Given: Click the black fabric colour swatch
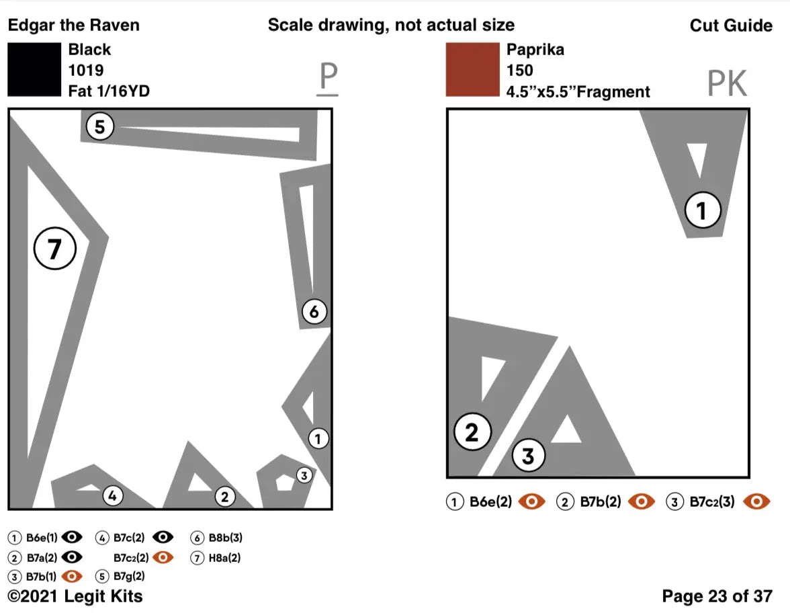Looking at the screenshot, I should [34, 70].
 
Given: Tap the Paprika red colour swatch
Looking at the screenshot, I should [472, 70].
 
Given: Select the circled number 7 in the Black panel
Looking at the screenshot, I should [55, 249].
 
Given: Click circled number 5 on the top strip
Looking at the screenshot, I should [100, 127].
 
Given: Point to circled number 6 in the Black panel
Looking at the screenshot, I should [314, 312].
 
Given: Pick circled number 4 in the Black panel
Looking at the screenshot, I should [113, 497].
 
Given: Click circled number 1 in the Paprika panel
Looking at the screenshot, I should [702, 211].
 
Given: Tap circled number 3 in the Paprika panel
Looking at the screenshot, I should [529, 456].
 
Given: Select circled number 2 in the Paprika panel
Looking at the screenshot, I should [472, 432].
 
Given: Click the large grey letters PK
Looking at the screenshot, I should [727, 84].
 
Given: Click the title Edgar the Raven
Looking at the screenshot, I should [73, 26].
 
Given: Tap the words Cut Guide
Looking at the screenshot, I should [731, 26].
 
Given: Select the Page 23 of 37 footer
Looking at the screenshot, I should [717, 596].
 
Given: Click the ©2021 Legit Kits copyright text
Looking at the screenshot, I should [75, 596].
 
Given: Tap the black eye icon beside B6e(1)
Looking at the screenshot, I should [72, 537].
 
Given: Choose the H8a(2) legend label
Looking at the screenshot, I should [224, 557].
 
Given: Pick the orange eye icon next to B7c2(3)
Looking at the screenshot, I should [758, 501].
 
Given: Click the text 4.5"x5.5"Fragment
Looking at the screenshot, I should [578, 91].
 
